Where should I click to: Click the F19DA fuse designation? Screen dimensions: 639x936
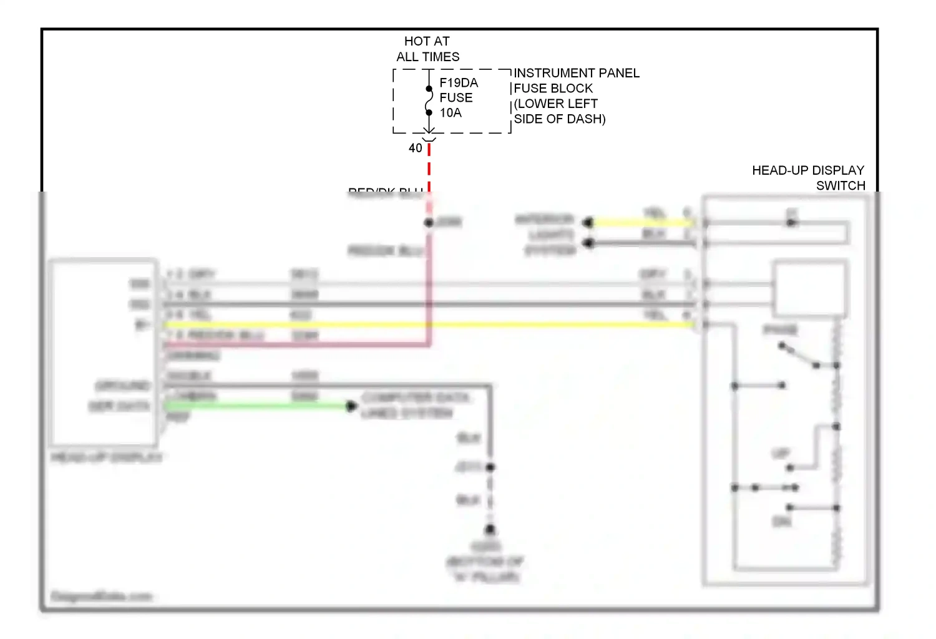tap(459, 83)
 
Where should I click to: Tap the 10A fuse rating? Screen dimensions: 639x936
tap(451, 113)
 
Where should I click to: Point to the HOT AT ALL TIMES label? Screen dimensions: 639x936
tap(427, 49)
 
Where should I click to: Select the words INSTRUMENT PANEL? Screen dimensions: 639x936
tap(577, 73)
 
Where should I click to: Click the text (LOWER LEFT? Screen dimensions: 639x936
tap(556, 104)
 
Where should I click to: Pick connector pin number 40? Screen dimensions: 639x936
tap(416, 148)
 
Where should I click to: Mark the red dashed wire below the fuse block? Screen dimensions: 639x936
tap(429, 165)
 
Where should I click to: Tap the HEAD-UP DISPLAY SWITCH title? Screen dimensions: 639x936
tap(808, 178)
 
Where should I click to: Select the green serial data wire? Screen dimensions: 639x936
tap(256, 406)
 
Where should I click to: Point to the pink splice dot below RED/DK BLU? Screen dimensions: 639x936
tap(429, 223)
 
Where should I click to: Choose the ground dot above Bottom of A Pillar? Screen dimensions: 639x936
tap(490, 530)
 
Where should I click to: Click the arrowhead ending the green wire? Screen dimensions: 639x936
tap(351, 406)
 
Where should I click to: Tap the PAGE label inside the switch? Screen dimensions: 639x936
tap(780, 330)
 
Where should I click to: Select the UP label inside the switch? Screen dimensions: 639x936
tap(781, 454)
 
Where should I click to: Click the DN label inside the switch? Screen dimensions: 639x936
tap(782, 521)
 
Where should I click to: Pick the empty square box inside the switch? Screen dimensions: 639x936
tap(810, 289)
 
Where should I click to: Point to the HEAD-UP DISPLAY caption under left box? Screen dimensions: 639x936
tap(107, 457)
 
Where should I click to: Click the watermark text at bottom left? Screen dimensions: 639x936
tap(102, 597)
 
